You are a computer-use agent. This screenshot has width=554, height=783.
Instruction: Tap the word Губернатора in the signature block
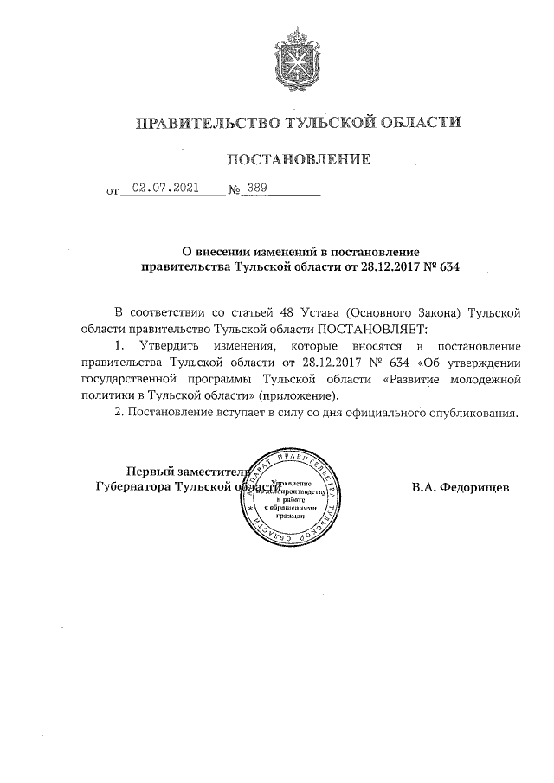coord(132,487)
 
